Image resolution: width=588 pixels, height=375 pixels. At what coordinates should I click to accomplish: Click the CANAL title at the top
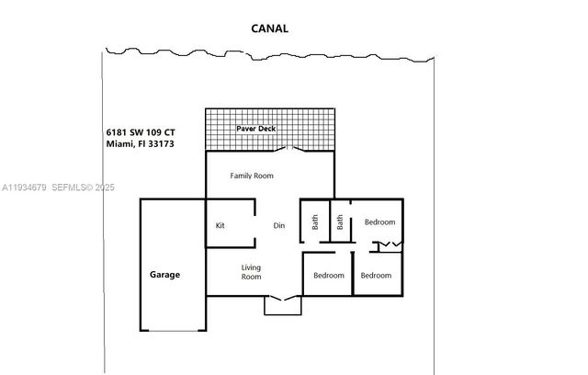270,28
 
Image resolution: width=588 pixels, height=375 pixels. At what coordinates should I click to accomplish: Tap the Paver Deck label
255,129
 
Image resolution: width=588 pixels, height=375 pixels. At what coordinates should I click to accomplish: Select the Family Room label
252,175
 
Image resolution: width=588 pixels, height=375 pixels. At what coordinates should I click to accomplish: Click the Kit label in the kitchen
220,225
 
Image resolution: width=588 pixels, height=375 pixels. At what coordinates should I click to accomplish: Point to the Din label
280,225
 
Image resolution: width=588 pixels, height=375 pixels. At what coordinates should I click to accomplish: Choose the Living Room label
252,271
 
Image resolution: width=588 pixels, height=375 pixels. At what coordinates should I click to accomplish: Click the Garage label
165,274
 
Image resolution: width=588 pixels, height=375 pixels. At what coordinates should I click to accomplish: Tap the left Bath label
314,222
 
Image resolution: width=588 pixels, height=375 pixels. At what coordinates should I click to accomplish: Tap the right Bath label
340,222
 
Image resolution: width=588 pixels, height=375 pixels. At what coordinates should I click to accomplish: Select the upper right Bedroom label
379,222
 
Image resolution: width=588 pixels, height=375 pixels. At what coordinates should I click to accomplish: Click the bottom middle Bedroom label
329,275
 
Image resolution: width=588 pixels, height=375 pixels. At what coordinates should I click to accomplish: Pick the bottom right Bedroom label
376,275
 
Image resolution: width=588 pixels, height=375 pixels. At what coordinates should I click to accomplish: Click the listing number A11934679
27,187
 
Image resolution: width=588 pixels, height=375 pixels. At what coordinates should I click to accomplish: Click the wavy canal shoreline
266,50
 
